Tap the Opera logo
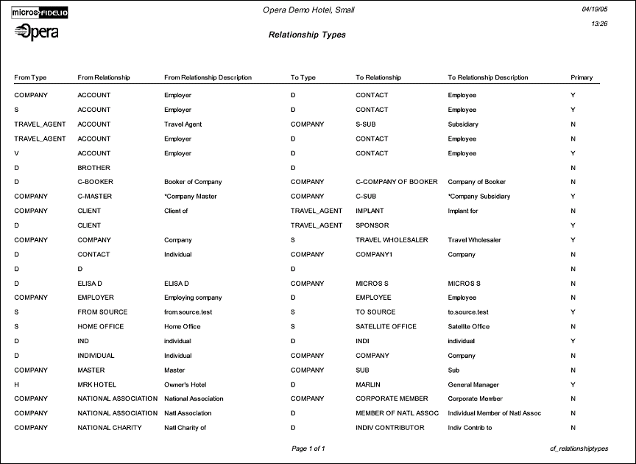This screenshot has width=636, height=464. click(37, 32)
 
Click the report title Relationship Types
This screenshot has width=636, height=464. click(307, 35)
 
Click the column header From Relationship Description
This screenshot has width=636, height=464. click(208, 77)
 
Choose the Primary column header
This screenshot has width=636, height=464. click(582, 77)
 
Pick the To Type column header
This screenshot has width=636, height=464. click(303, 77)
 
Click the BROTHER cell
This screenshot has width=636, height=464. click(93, 168)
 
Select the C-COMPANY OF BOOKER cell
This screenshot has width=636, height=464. click(396, 182)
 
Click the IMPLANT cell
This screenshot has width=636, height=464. click(370, 211)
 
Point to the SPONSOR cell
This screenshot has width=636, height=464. click(372, 225)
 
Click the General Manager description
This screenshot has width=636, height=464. click(473, 384)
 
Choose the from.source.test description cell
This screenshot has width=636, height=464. click(188, 312)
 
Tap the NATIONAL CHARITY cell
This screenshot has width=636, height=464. click(110, 428)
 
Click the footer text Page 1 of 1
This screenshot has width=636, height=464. click(308, 449)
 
